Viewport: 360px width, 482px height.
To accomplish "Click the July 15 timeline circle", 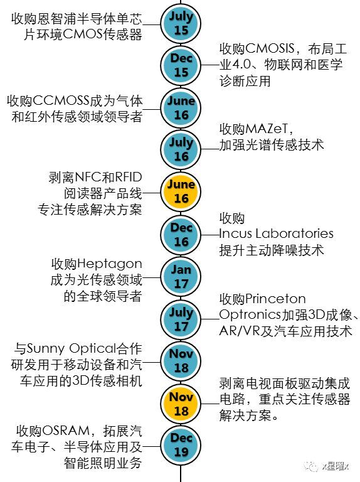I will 181,22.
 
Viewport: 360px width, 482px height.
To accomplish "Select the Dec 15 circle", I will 181,65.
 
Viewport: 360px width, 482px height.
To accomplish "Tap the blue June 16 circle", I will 181,107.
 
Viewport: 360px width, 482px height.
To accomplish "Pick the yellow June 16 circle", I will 181,191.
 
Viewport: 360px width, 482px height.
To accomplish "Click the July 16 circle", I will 181,149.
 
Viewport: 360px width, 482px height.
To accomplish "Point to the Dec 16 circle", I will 181,234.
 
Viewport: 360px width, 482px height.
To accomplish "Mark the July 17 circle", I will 181,319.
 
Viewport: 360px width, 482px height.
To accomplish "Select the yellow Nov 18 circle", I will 181,403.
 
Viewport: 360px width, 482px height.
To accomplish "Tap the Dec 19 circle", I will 181,444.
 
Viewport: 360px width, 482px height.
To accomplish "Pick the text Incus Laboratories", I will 276,234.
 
